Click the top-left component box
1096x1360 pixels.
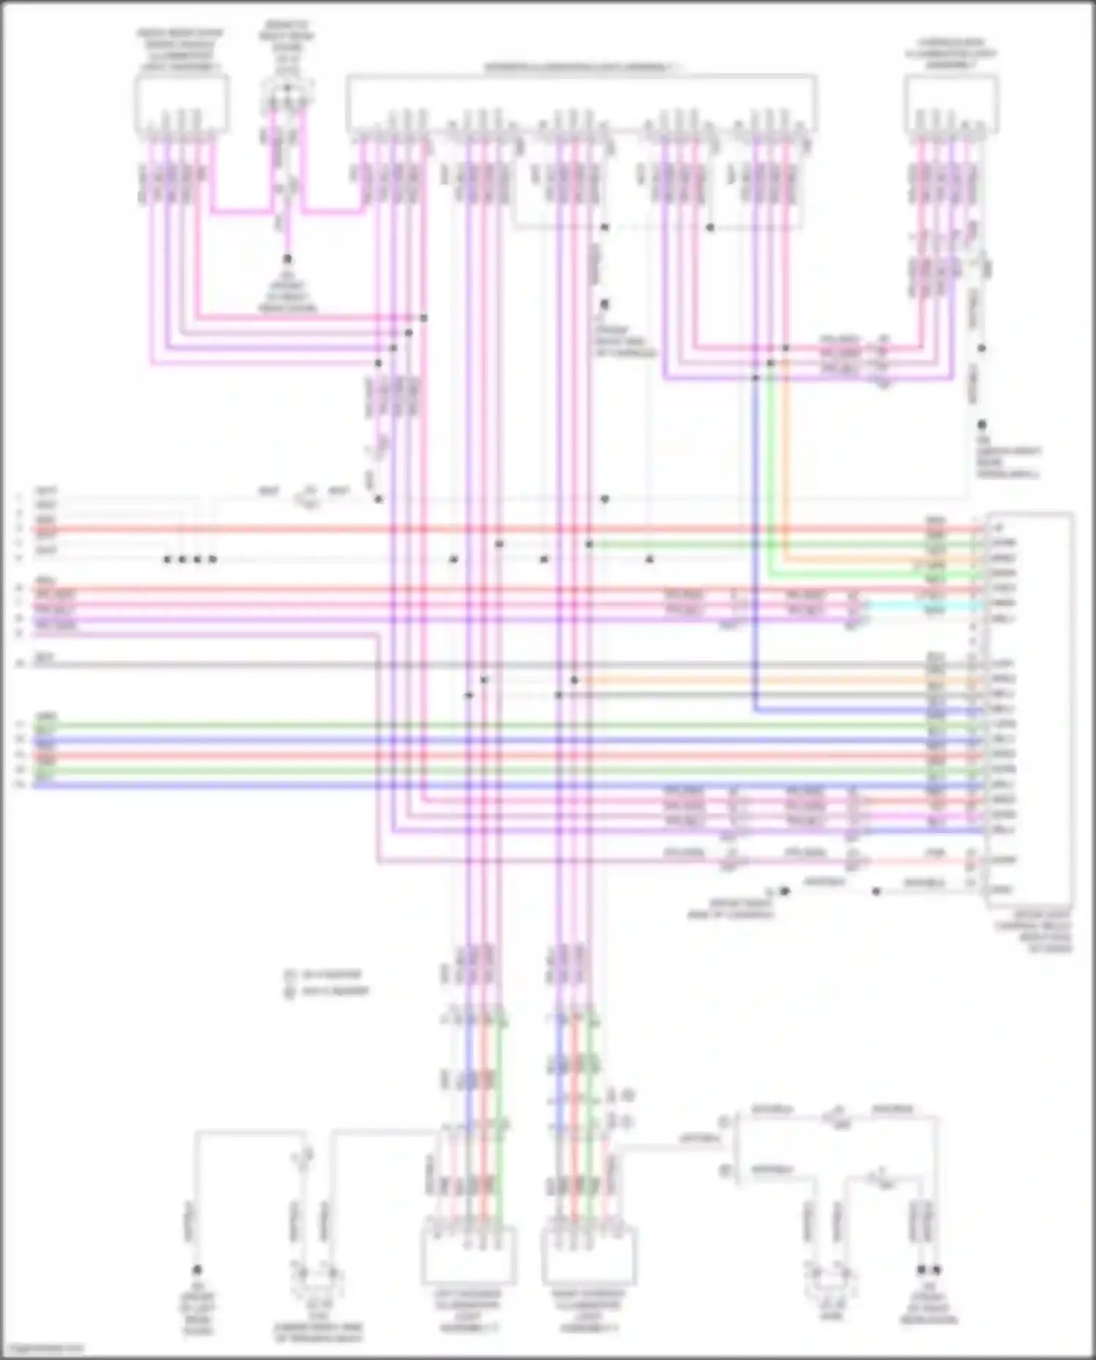pyautogui.click(x=180, y=104)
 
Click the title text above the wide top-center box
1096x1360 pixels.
pyautogui.click(x=582, y=68)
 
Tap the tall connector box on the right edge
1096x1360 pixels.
pyautogui.click(x=1030, y=709)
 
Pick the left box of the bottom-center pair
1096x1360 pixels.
pyautogui.click(x=468, y=1255)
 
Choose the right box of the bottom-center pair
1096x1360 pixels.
pyautogui.click(x=589, y=1255)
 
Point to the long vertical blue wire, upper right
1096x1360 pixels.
pyautogui.click(x=756, y=548)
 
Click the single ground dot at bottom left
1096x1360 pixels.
pyautogui.click(x=197, y=1270)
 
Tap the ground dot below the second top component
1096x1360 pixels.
pyautogui.click(x=287, y=259)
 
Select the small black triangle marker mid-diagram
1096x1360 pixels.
pyautogui.click(x=650, y=559)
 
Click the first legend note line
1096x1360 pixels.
pyautogui.click(x=325, y=974)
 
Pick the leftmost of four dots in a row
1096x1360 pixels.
pyautogui.click(x=167, y=560)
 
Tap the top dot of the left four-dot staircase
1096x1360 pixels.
pyautogui.click(x=424, y=318)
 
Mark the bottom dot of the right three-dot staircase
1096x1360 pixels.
pyautogui.click(x=756, y=378)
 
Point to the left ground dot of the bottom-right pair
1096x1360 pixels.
pyautogui.click(x=921, y=1270)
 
